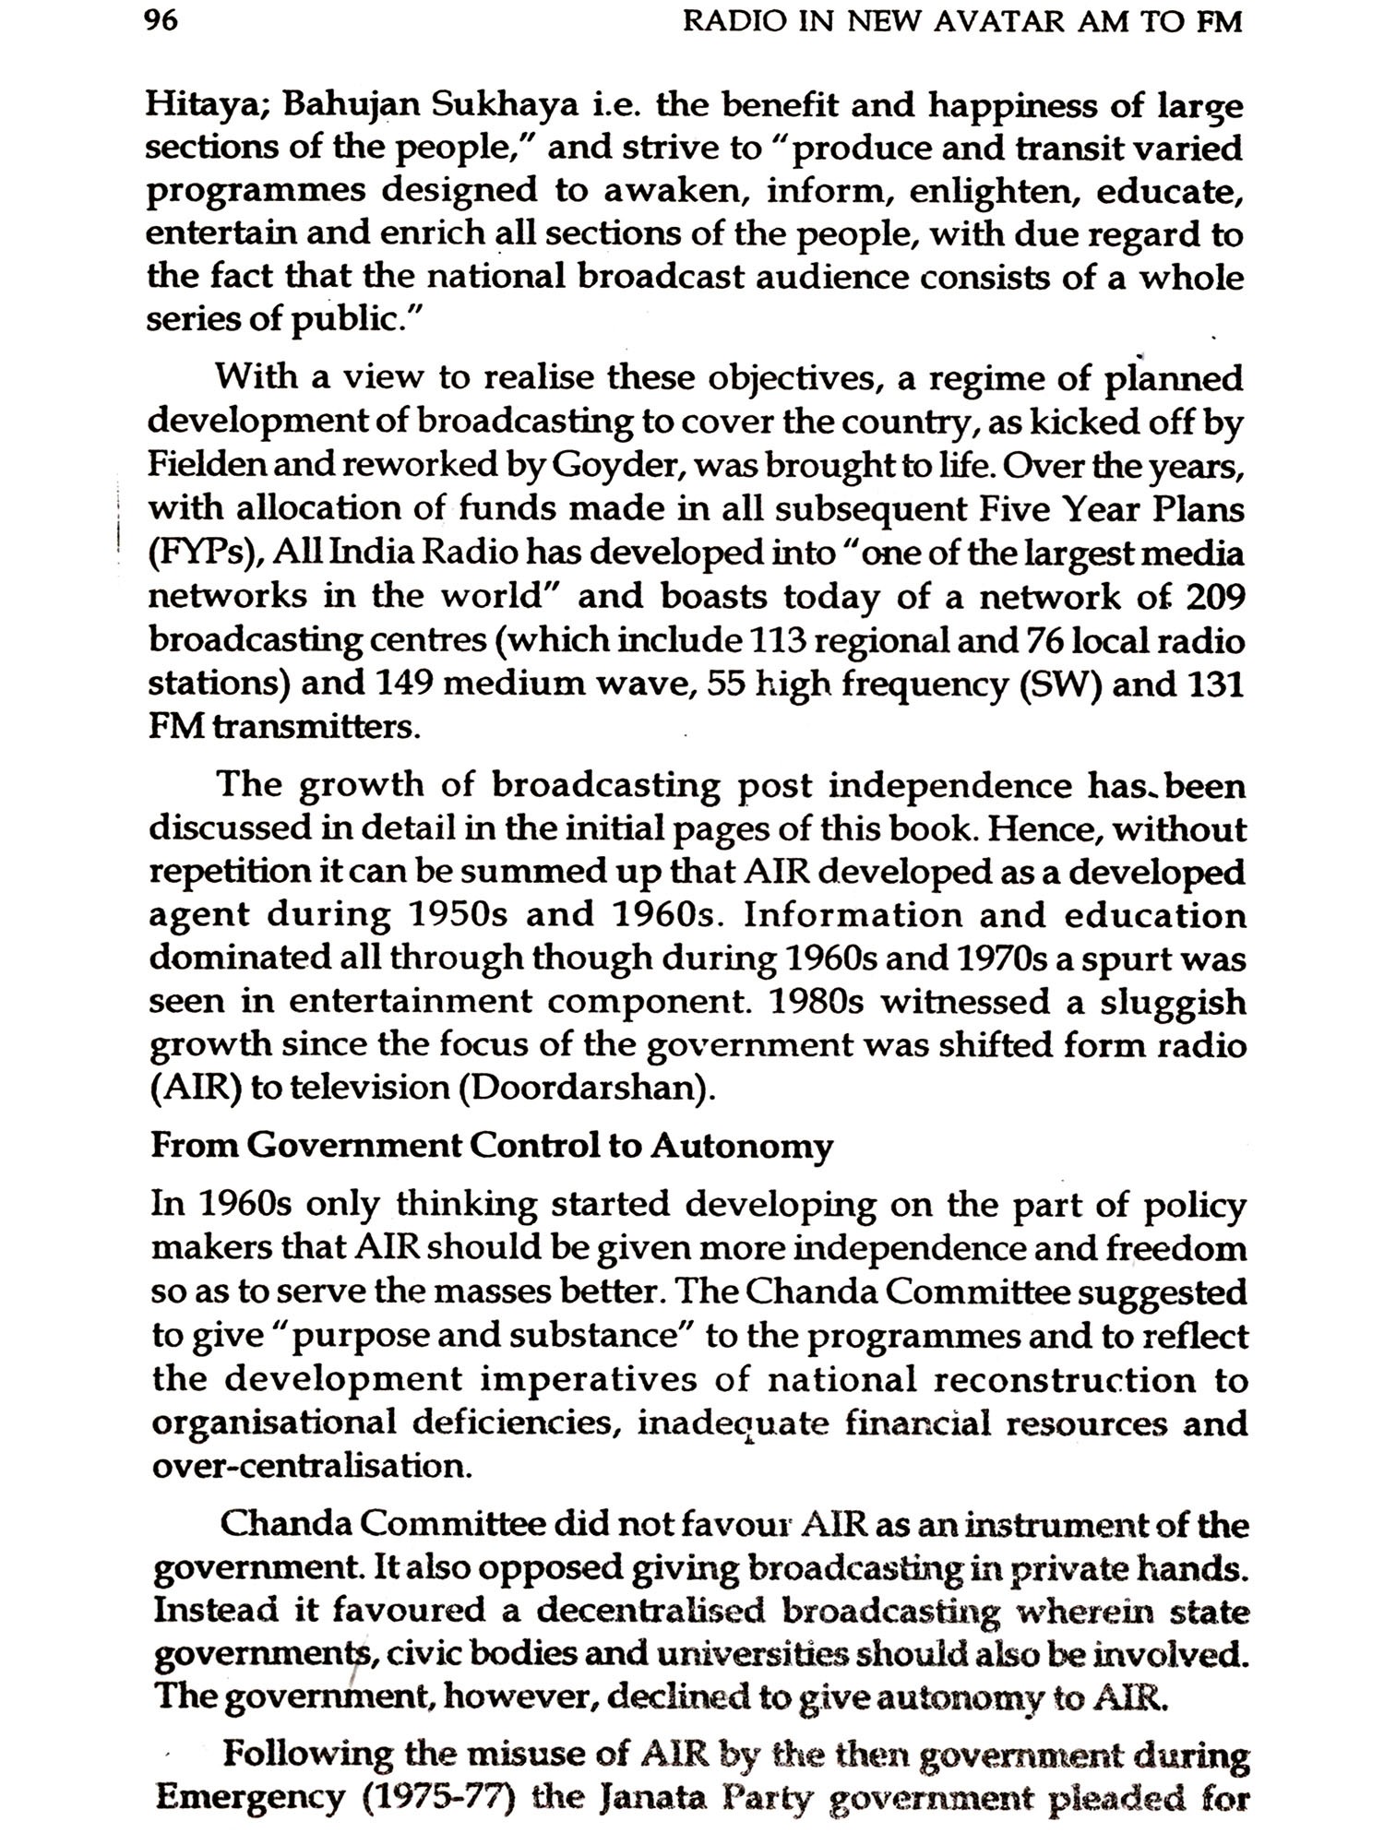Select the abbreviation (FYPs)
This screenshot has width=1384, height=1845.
(x=194, y=553)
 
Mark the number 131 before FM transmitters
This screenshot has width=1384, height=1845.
(x=1215, y=684)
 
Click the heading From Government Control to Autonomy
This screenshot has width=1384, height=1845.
(x=491, y=1146)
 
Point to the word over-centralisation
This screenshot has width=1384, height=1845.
(x=311, y=1466)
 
